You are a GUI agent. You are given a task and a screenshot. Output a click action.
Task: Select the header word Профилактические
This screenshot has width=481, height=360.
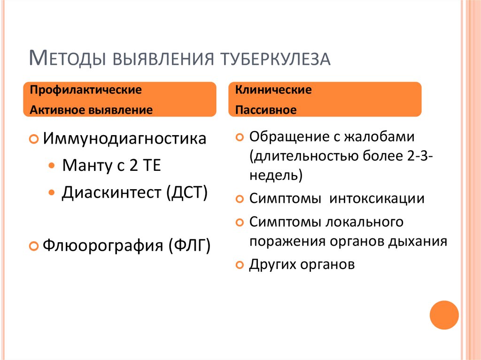point(86,89)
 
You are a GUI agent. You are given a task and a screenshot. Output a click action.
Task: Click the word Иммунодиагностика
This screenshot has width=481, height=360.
point(124,139)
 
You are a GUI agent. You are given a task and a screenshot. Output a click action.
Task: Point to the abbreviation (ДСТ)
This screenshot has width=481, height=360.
point(186,193)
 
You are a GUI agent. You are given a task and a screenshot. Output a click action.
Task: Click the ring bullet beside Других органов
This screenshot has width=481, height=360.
point(239,265)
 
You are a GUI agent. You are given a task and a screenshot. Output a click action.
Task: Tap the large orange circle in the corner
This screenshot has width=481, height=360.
point(444,314)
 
